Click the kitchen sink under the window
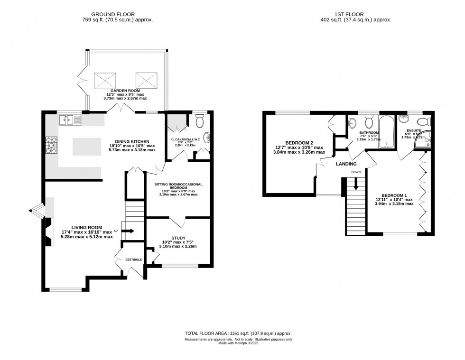coord(70,121)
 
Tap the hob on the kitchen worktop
coord(50,145)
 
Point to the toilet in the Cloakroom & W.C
coord(200,123)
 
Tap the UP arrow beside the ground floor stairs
coord(128,231)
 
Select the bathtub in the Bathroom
coord(387,131)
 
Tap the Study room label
coord(178,238)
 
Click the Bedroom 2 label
coord(298,143)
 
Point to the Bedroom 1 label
coord(394,195)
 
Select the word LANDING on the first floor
coord(346,164)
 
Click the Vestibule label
coord(133,259)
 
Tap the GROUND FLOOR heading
coord(117,14)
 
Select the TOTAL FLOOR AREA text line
coord(237,334)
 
